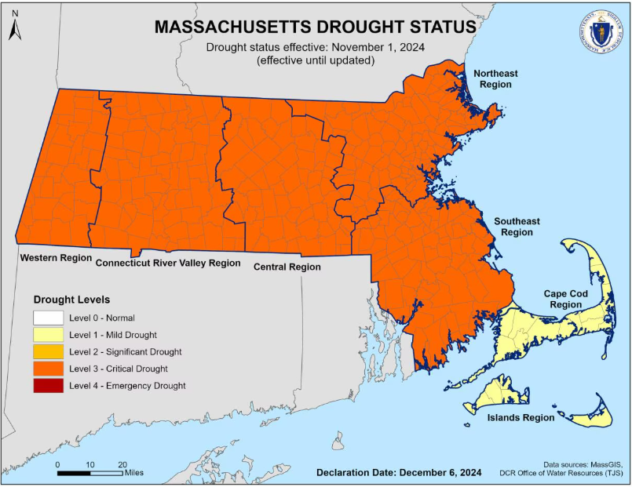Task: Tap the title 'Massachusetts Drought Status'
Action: click(315, 26)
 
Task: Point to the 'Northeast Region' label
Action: click(495, 78)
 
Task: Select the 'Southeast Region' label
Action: click(517, 227)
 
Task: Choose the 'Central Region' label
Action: click(287, 267)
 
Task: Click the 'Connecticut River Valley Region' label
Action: click(167, 263)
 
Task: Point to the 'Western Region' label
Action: click(56, 257)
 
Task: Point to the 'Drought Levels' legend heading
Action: click(71, 300)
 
